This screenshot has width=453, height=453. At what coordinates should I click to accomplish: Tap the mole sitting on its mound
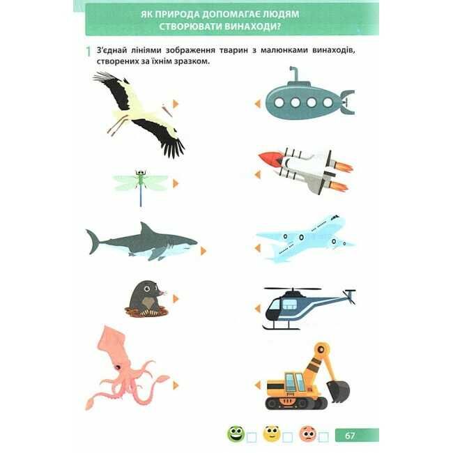point(147,298)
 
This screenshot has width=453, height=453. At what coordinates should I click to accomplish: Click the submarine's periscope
point(294,74)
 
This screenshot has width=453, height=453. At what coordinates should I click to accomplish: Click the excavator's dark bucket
point(338,391)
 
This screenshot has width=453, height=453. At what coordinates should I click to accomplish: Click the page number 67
point(350,435)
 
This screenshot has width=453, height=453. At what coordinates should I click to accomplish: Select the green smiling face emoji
point(236,433)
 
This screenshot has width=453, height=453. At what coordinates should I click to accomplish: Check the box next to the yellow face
point(287,438)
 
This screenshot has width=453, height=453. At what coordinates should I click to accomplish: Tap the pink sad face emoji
point(307,433)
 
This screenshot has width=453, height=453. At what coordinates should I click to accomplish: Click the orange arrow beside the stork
point(176,104)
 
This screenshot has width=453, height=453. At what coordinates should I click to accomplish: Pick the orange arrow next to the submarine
point(257,103)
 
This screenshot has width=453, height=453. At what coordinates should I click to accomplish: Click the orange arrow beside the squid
point(176,385)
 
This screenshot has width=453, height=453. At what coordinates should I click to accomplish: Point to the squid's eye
point(117,367)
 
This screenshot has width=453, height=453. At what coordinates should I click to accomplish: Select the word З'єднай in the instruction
point(112,50)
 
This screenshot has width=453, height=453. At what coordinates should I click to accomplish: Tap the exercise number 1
point(89,52)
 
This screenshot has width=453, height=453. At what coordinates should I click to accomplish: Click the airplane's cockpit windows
point(335,217)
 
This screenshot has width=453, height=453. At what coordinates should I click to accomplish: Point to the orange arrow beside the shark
point(204,251)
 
